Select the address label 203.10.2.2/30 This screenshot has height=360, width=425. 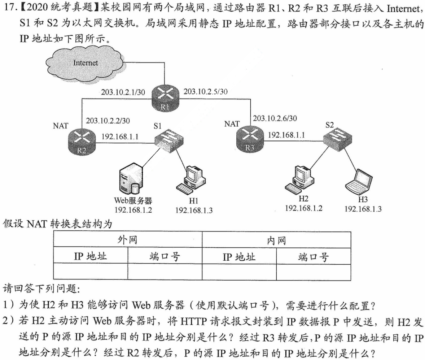108,120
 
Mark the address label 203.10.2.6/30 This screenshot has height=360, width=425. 275,118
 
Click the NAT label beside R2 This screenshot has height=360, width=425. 60,126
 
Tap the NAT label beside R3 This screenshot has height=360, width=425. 232,124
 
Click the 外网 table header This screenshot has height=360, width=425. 128,240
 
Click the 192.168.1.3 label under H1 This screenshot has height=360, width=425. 194,211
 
